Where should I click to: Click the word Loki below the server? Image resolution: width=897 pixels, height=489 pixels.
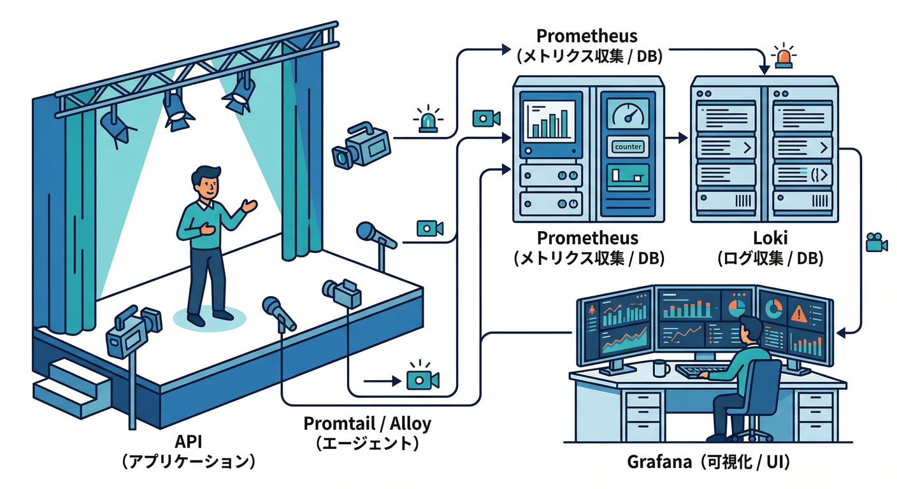coord(770,239)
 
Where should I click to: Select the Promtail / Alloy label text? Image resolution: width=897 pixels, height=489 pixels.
coord(367,423)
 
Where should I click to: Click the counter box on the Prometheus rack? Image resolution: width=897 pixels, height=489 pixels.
coord(628,146)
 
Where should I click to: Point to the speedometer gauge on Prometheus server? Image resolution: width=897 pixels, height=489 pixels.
coord(628,115)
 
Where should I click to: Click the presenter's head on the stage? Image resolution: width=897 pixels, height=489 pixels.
coord(206,182)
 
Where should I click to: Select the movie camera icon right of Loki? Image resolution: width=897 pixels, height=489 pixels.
coord(877,243)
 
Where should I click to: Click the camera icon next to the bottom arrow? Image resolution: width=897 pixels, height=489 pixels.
coord(422,379)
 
